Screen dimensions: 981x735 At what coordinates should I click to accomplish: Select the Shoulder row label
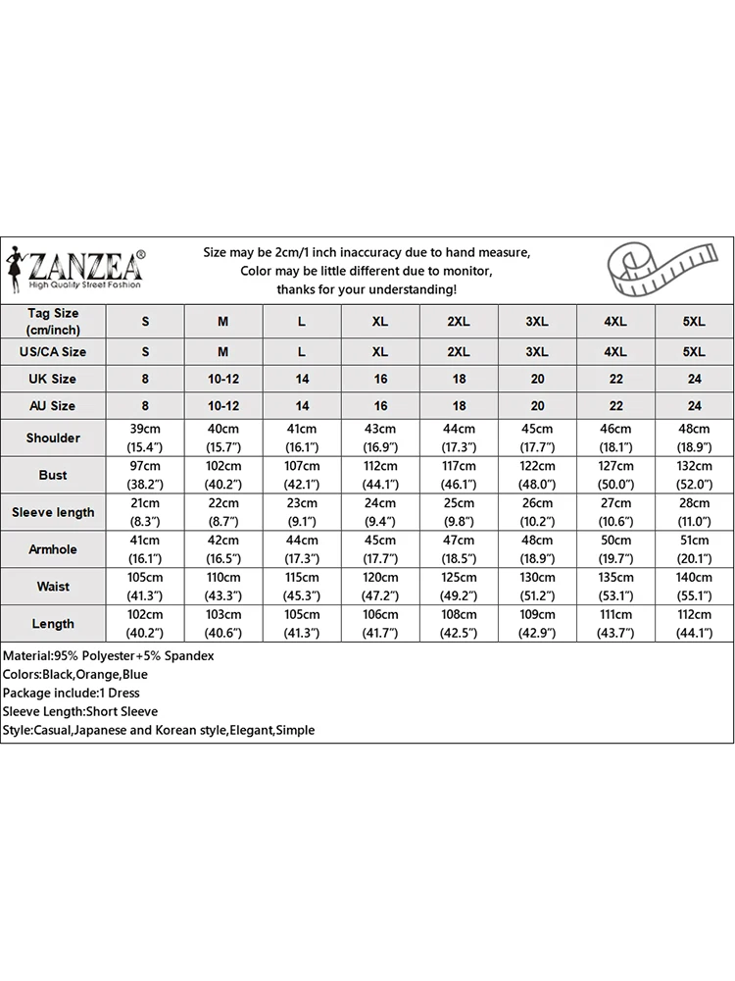coord(53,438)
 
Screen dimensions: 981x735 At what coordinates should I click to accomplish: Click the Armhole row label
coord(53,549)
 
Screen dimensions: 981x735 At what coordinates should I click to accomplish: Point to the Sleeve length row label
coord(53,512)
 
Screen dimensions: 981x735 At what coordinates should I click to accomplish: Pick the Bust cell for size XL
coord(380,475)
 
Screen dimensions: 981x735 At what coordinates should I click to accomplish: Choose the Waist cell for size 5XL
coord(694,587)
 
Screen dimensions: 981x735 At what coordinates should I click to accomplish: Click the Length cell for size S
coord(146,624)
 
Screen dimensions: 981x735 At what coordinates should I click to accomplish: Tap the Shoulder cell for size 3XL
coord(537,438)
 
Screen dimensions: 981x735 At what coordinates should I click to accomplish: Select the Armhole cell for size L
coord(302,549)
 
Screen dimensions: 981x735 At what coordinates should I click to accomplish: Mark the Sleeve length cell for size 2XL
coord(459,512)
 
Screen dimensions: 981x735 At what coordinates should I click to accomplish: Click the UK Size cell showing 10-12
coord(223,379)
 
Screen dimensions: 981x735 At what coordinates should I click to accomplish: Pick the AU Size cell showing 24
coord(694,405)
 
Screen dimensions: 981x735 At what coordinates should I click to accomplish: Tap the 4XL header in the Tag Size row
coord(615,322)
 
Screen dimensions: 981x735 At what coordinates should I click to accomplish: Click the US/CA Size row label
coord(53,351)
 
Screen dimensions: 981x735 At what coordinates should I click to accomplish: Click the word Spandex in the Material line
coord(190,655)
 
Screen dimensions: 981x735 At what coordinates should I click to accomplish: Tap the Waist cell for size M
coord(223,587)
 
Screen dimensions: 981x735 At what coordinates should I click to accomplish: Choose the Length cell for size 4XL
coord(615,624)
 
